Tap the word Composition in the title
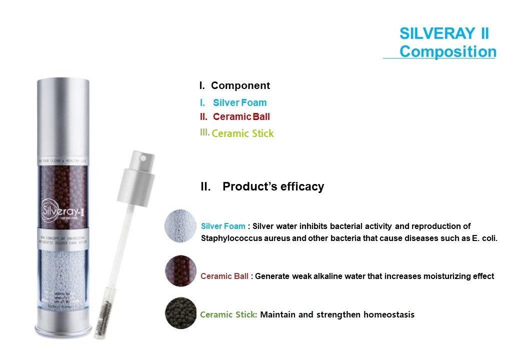(447, 51)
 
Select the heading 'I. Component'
(234, 85)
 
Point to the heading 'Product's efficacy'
(273, 186)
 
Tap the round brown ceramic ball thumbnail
(180, 270)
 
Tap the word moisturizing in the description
(442, 276)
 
